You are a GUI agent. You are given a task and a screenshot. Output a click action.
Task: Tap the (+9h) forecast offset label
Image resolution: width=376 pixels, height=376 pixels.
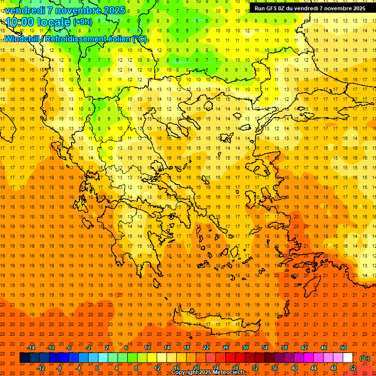click(x=82, y=22)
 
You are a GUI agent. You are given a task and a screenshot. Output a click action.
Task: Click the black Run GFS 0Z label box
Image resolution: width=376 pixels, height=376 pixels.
click(x=309, y=8)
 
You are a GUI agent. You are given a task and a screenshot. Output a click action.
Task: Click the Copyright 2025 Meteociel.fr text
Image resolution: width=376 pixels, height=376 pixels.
click(x=208, y=373)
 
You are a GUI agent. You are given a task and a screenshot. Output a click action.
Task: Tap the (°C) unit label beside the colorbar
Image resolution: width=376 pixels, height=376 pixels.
click(x=365, y=358)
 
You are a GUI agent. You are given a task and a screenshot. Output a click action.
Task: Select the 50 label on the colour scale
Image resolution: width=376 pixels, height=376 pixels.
click(x=343, y=348)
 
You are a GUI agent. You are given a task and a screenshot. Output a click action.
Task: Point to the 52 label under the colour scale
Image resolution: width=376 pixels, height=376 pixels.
click(x=353, y=368)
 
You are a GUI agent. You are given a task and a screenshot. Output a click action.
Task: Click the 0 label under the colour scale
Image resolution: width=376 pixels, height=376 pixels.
click(x=97, y=368)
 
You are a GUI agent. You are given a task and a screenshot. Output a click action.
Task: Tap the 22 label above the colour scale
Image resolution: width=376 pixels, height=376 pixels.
click(x=206, y=348)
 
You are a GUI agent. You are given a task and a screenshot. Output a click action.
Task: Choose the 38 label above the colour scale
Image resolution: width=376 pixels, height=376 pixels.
click(x=284, y=348)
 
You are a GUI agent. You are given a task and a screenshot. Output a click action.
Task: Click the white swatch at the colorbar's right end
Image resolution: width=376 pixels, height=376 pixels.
click(x=348, y=358)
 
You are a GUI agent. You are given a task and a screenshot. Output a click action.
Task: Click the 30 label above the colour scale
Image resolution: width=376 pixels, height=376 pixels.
click(x=245, y=348)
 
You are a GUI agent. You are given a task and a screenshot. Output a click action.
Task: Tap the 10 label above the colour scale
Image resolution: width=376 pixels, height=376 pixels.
click(x=147, y=348)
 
